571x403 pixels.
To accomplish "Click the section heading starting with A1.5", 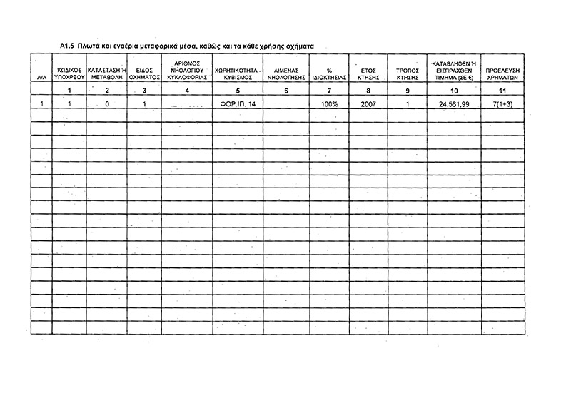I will (187, 44).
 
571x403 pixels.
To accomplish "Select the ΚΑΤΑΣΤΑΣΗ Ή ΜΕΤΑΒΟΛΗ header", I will (106, 73).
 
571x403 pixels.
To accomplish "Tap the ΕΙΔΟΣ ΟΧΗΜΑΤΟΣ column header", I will (144, 73).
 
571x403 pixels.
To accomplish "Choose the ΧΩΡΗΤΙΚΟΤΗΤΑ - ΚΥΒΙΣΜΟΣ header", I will (238, 73).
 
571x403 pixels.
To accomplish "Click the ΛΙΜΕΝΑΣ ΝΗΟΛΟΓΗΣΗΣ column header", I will (285, 73).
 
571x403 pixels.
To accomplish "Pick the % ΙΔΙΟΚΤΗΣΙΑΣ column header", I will (329, 73).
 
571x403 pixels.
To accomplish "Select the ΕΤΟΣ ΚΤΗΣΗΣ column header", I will (368, 73).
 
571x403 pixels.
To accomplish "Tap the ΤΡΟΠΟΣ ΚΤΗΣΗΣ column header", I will (406, 73).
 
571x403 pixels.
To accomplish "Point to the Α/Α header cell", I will (42, 77).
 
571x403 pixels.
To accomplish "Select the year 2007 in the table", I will (368, 104).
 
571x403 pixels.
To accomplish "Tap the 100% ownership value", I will (329, 104).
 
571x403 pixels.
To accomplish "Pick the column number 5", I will (238, 91).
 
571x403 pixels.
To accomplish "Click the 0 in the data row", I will (106, 104).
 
